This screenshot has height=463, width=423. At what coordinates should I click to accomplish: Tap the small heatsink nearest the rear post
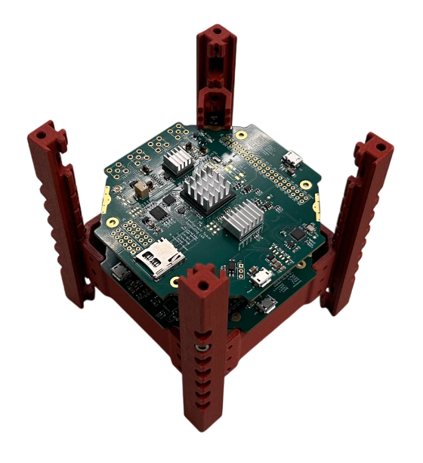coord(180,158)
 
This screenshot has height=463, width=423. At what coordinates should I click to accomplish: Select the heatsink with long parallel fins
coord(242,221)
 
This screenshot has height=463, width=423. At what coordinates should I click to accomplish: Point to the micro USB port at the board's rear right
coord(292,159)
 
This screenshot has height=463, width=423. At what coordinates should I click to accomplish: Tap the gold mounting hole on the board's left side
coord(112,222)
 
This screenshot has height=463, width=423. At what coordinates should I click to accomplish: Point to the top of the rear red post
coord(215,34)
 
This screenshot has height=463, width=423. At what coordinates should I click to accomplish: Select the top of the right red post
coord(377,144)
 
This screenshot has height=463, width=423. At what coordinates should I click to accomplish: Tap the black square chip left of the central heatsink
coord(158,213)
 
